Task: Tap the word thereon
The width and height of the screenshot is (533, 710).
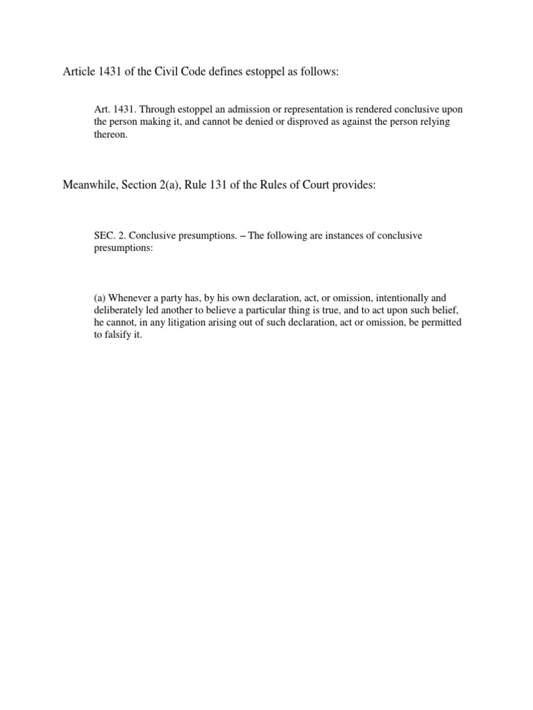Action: pyautogui.click(x=111, y=136)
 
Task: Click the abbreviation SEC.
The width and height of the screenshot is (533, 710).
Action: pyautogui.click(x=104, y=236)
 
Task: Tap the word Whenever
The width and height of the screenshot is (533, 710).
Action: pyautogui.click(x=129, y=298)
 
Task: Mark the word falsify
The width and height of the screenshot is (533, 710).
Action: pyautogui.click(x=121, y=336)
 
